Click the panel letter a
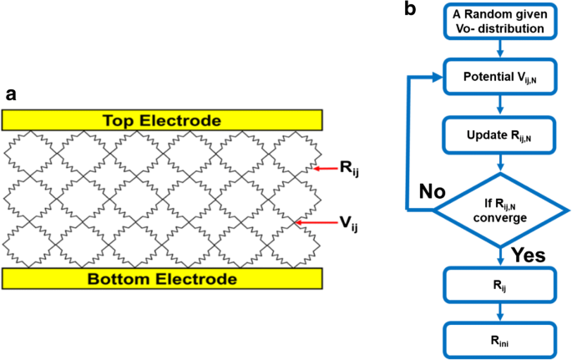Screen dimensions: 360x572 pyautogui.click(x=11, y=94)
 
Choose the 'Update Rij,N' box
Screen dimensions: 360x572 pyautogui.click(x=499, y=134)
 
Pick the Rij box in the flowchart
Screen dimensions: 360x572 pyautogui.click(x=499, y=283)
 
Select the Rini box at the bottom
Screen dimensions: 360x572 pyautogui.click(x=499, y=338)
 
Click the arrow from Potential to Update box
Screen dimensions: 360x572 pyautogui.click(x=499, y=106)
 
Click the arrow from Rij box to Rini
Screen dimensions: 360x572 pyautogui.click(x=499, y=311)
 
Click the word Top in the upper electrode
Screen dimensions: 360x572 pyautogui.click(x=119, y=119)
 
